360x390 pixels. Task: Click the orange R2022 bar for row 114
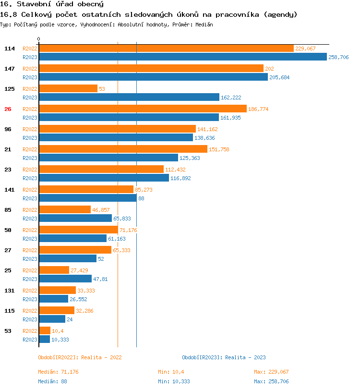[166, 49]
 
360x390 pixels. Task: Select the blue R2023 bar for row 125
[129, 97]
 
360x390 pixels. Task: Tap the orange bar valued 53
[68, 89]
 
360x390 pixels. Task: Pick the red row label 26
[8, 109]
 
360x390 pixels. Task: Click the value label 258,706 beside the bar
[338, 57]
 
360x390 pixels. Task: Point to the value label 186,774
[258, 109]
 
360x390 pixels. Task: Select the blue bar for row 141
[87, 198]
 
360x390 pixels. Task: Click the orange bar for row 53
[45, 331]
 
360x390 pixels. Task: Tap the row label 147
[10, 69]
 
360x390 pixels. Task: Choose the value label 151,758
[219, 149]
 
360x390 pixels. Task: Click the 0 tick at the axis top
[39, 39]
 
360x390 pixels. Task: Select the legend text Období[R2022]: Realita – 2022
[80, 357]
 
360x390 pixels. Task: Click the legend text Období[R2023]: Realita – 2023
[224, 357]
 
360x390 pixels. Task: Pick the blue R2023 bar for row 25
[65, 279]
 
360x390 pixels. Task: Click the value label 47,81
[100, 279]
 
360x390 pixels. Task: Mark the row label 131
[10, 291]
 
